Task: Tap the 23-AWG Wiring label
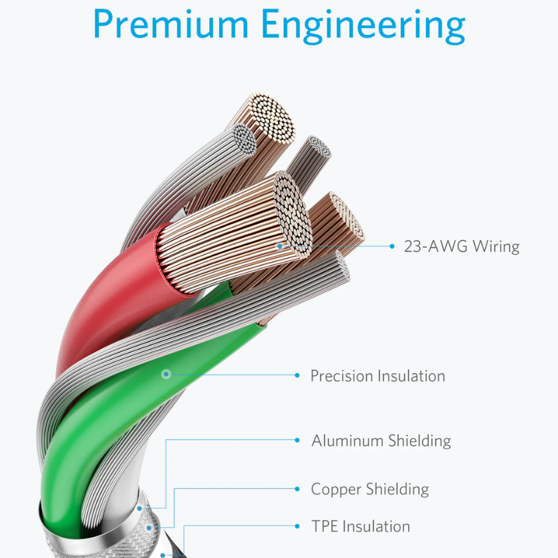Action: [462, 246]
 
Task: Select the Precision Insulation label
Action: [377, 376]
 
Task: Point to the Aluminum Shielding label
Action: [381, 441]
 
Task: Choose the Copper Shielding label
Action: [370, 489]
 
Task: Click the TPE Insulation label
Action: [361, 526]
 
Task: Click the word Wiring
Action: [496, 246]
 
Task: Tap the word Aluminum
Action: [347, 441]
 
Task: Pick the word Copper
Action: [336, 489]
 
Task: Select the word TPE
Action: [324, 526]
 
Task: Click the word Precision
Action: [342, 376]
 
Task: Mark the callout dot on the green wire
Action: [166, 374]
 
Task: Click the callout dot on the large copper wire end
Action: [280, 246]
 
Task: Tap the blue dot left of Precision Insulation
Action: [297, 375]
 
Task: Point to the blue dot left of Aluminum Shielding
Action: [297, 440]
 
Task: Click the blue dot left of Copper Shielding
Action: [297, 488]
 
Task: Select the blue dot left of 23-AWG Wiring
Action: [391, 246]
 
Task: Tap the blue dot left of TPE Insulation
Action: [297, 526]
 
